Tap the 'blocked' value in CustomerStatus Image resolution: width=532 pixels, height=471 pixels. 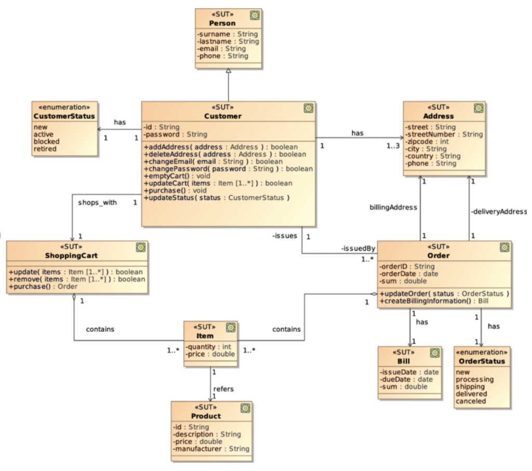click(46, 141)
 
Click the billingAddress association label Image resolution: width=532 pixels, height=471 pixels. click(393, 207)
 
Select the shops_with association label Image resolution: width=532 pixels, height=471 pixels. click(97, 203)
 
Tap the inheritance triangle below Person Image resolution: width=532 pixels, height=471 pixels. click(228, 72)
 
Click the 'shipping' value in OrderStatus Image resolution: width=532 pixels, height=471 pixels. click(470, 386)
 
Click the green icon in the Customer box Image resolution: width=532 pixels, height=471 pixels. click(308, 108)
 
